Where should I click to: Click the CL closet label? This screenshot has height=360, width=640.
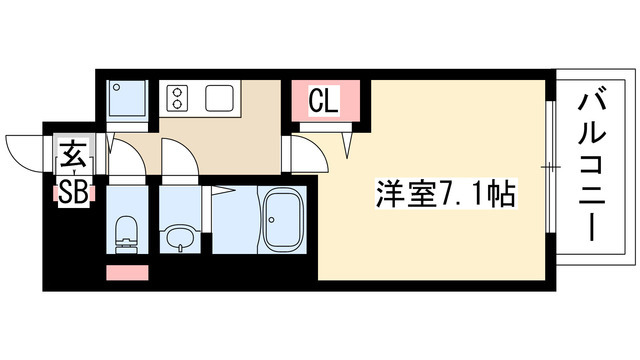tap(321, 100)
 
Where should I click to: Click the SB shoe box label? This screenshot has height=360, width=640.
tap(72, 190)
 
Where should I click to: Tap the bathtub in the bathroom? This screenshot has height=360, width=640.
tap(282, 218)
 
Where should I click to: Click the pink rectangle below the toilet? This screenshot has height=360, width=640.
tap(126, 271)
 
